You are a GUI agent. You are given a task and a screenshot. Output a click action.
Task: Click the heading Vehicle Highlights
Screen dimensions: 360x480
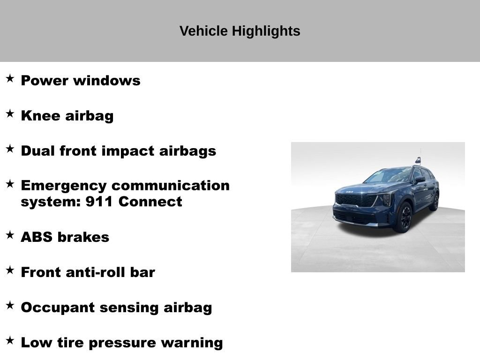pos(240,31)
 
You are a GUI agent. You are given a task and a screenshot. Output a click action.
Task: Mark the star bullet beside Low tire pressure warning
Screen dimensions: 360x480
pos(10,340)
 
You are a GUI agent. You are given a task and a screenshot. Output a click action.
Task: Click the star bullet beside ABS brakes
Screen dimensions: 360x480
pos(10,235)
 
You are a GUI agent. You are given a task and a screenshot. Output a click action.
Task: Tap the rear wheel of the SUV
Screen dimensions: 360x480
pos(435,202)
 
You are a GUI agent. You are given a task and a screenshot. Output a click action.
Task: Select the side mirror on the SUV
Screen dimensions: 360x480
pos(420,180)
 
